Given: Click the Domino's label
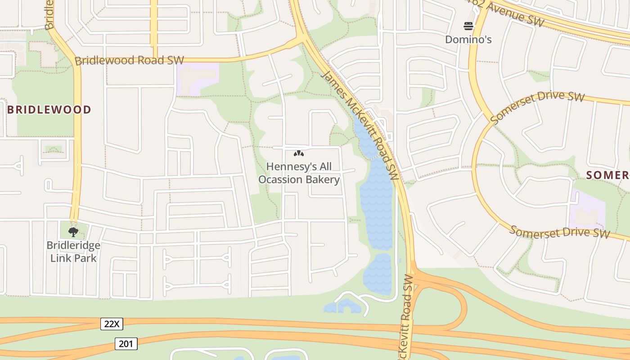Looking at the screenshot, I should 468,40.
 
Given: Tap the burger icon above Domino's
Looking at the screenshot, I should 468,26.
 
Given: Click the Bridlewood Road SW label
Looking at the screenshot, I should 129,60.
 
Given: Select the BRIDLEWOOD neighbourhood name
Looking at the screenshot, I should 49,110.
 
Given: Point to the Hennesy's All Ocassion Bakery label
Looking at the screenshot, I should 299,173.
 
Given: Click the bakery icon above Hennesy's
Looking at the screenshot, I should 298,153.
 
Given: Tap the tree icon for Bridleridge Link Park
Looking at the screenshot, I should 73,232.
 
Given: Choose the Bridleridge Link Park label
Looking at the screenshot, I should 73,252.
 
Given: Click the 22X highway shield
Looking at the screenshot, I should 112,324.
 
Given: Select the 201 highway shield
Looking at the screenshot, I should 126,344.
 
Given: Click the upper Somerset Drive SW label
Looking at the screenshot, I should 537,108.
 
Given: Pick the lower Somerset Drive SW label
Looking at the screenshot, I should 559,232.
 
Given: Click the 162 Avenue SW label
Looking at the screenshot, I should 504,12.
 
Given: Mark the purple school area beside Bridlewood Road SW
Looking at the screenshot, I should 197,78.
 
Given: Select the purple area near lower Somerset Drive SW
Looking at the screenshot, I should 587,211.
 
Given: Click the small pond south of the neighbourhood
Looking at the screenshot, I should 343,307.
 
